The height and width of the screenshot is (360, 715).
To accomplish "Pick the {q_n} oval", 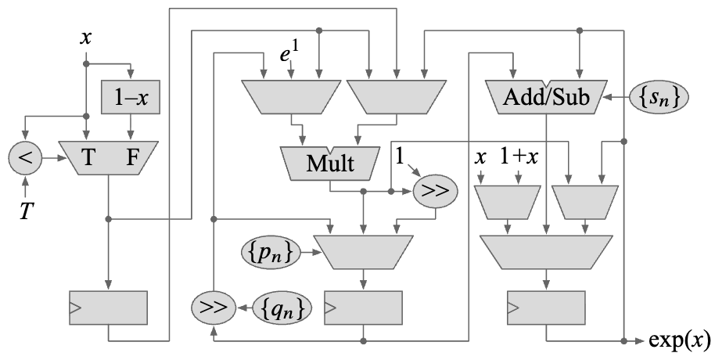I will [283, 308].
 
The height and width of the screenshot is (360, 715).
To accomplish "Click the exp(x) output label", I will [680, 341].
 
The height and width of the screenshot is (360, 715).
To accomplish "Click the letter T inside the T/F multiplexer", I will [89, 158].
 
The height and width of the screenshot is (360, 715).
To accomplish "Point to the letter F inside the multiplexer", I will [134, 158].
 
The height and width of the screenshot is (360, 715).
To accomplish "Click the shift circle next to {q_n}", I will [211, 308].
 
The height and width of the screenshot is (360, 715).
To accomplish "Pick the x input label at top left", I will [86, 38].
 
